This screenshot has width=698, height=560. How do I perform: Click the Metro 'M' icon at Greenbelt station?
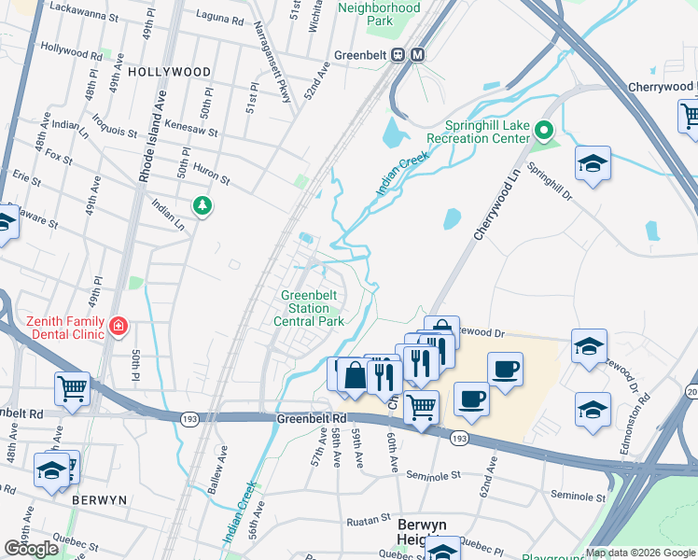[417, 54]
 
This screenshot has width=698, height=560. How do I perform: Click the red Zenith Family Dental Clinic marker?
[119, 327]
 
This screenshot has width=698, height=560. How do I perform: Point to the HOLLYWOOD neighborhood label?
[169, 72]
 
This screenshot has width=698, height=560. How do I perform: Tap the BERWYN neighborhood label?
[99, 500]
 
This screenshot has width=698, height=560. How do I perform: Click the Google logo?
[31, 548]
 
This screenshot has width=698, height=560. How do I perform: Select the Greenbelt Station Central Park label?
[309, 308]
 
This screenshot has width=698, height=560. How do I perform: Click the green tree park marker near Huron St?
[201, 204]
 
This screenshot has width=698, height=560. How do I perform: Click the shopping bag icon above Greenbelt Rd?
[355, 377]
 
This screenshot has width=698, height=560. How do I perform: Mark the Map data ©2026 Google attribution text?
[640, 553]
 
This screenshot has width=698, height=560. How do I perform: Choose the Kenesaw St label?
[190, 123]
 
